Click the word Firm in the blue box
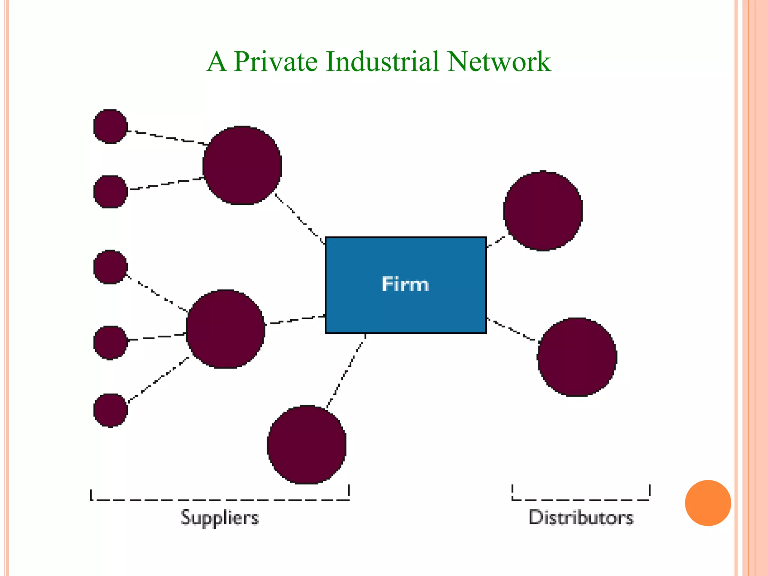click(405, 284)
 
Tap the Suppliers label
click(220, 518)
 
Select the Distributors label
click(581, 517)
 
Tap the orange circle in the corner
click(708, 503)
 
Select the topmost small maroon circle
click(110, 126)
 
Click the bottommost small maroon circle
click(110, 410)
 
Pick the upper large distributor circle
click(543, 211)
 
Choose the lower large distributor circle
click(577, 357)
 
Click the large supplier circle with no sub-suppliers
click(307, 444)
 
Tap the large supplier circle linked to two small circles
click(242, 165)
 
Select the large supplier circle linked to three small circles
click(225, 329)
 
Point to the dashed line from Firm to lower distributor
click(512, 330)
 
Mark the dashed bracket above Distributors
click(581, 499)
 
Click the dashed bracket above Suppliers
click(220, 499)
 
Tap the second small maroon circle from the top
click(110, 192)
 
